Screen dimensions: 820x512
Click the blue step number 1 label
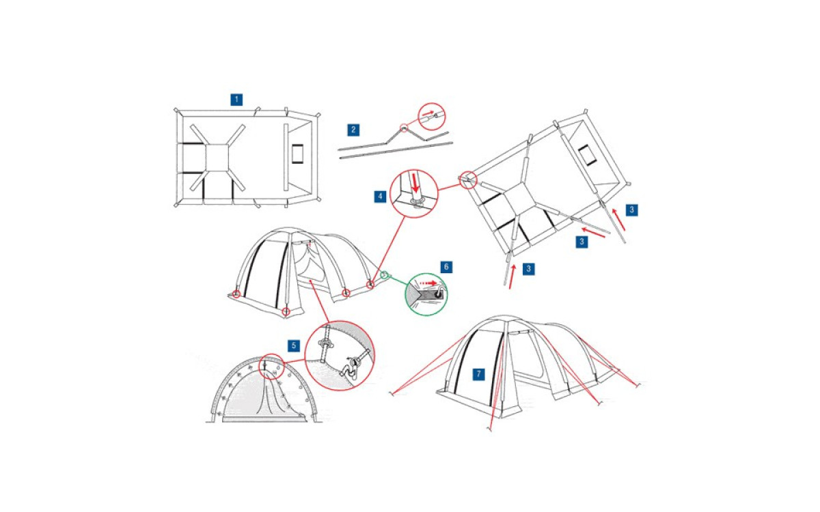pos(236,100)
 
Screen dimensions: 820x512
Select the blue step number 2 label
pos(353,130)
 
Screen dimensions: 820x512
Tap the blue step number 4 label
pos(380,197)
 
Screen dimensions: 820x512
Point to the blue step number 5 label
pos(294,345)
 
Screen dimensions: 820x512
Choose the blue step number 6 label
pos(446,267)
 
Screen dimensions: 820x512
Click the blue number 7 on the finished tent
pos(478,374)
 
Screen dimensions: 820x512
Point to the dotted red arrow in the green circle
pos(428,283)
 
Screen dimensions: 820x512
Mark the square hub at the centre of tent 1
pos(217,158)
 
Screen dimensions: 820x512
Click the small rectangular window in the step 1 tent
pos(298,154)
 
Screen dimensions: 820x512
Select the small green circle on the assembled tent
pos(384,274)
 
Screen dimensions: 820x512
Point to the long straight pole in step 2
pos(396,150)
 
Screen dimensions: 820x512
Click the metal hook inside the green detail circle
pos(441,292)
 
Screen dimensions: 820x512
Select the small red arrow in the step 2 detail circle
pos(428,113)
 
